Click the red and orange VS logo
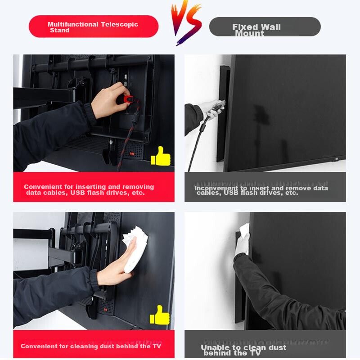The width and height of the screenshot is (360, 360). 186,22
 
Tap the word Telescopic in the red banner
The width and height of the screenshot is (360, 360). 119,24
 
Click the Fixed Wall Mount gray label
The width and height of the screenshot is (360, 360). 265,27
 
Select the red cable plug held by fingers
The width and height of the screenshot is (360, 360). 127,99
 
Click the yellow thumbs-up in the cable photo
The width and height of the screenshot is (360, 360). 161,156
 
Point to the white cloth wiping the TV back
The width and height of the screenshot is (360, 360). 134,249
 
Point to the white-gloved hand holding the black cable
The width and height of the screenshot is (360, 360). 211,108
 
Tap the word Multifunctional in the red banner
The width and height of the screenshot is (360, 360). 73,24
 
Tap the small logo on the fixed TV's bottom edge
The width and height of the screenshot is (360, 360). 337,159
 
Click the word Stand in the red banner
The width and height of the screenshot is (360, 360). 60,30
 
